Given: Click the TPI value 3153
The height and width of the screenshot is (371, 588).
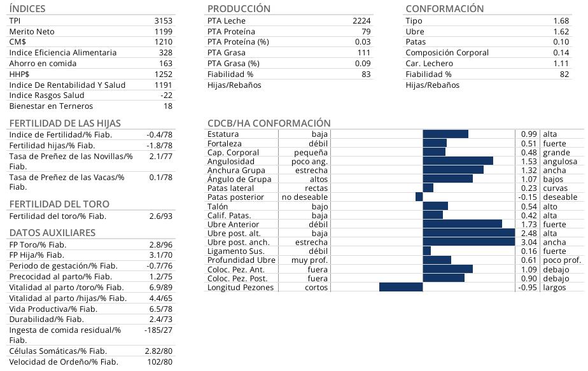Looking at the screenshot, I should (x=163, y=21).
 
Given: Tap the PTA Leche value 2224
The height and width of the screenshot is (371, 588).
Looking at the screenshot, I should (x=361, y=21).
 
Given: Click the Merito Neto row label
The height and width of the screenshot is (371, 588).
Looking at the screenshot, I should (x=32, y=32).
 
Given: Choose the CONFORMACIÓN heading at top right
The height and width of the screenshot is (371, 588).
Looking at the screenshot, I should (x=444, y=9).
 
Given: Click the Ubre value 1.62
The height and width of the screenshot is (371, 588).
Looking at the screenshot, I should (x=561, y=32).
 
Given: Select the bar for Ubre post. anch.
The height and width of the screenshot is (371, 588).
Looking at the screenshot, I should (x=468, y=242).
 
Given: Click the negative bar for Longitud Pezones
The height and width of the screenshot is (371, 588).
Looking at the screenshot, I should (x=401, y=288).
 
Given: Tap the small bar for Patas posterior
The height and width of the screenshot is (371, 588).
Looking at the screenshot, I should (x=419, y=197).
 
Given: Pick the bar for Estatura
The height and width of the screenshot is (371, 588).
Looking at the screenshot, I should (x=445, y=134).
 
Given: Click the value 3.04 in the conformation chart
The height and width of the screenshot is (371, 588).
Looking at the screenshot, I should (x=529, y=242).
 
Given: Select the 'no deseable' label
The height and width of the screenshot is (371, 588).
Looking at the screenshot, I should (x=305, y=197).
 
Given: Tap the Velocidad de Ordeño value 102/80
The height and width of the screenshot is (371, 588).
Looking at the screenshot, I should (x=159, y=362).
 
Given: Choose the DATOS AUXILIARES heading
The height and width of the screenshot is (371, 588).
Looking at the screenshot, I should (x=52, y=233).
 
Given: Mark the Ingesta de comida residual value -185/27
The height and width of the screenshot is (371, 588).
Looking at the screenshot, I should (x=158, y=330).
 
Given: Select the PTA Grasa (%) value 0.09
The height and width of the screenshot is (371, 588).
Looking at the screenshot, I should (x=363, y=64).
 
